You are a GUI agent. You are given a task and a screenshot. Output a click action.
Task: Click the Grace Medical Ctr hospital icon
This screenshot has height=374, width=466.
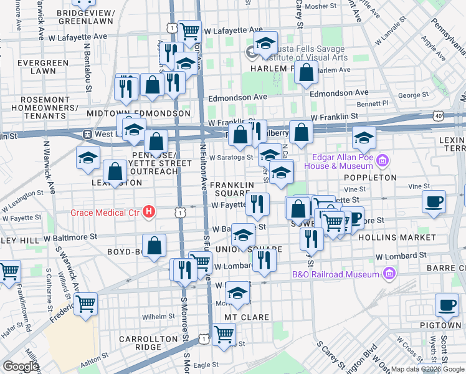click(x=148, y=212)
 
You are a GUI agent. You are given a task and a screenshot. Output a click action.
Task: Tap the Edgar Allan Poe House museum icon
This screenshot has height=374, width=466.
click(x=384, y=161)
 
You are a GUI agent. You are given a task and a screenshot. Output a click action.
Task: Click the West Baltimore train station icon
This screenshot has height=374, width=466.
click(x=88, y=134)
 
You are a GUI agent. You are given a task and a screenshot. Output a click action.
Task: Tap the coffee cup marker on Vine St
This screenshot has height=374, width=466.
click(x=434, y=201)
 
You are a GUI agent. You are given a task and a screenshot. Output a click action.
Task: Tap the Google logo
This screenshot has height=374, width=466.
click(x=20, y=367)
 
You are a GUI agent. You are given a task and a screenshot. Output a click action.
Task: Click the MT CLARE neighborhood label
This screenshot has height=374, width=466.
click(x=247, y=317)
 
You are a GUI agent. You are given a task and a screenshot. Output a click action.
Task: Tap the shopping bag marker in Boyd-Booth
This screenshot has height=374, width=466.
click(x=154, y=245)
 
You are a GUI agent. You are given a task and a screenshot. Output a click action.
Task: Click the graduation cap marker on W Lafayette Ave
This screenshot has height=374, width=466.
click(x=266, y=42)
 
